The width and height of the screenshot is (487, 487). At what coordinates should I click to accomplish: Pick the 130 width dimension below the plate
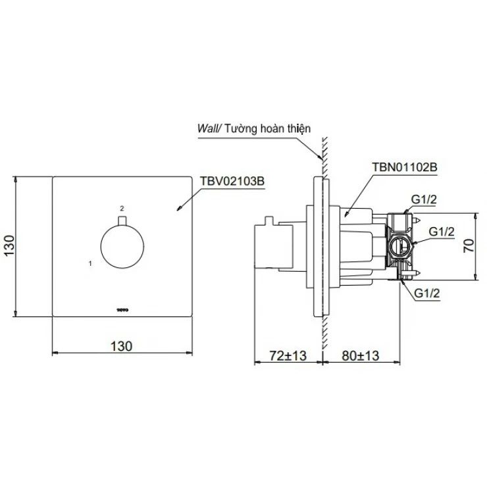(122, 345)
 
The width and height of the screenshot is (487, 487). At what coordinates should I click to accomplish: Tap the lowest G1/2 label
(427, 293)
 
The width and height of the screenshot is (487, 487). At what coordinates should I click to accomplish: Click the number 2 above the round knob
(122, 207)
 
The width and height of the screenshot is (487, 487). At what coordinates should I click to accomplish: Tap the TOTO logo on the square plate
(121, 307)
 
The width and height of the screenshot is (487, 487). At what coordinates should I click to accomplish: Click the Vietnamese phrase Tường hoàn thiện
(267, 130)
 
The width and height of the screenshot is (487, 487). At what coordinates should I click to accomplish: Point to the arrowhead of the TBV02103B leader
(180, 209)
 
